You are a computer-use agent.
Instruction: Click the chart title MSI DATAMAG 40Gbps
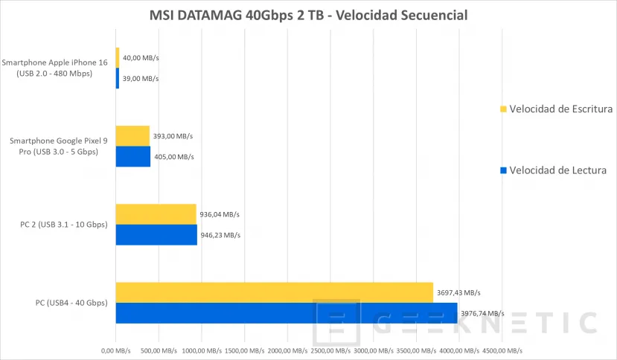pyautogui.click(x=307, y=15)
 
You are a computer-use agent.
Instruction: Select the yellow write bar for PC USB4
pyautogui.click(x=274, y=292)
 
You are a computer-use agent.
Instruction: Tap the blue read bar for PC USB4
pyautogui.click(x=286, y=313)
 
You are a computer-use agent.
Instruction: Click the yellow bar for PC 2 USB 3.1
pyautogui.click(x=156, y=214)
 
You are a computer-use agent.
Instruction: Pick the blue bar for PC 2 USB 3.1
pyautogui.click(x=156, y=235)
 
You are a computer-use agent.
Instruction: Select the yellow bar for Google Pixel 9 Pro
pyautogui.click(x=132, y=136)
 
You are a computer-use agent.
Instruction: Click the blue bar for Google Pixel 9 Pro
pyautogui.click(x=133, y=157)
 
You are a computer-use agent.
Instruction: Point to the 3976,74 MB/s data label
pyautogui.click(x=482, y=313)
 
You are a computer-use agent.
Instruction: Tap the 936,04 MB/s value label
pyautogui.click(x=221, y=214)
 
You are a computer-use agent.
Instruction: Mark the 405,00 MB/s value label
pyautogui.click(x=174, y=157)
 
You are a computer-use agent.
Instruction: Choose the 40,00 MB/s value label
pyautogui.click(x=141, y=57)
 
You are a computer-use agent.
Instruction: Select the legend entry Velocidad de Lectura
pyautogui.click(x=557, y=170)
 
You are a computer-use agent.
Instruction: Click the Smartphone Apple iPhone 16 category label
pyautogui.click(x=56, y=68)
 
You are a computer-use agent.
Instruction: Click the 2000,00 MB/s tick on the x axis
pyautogui.click(x=287, y=350)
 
